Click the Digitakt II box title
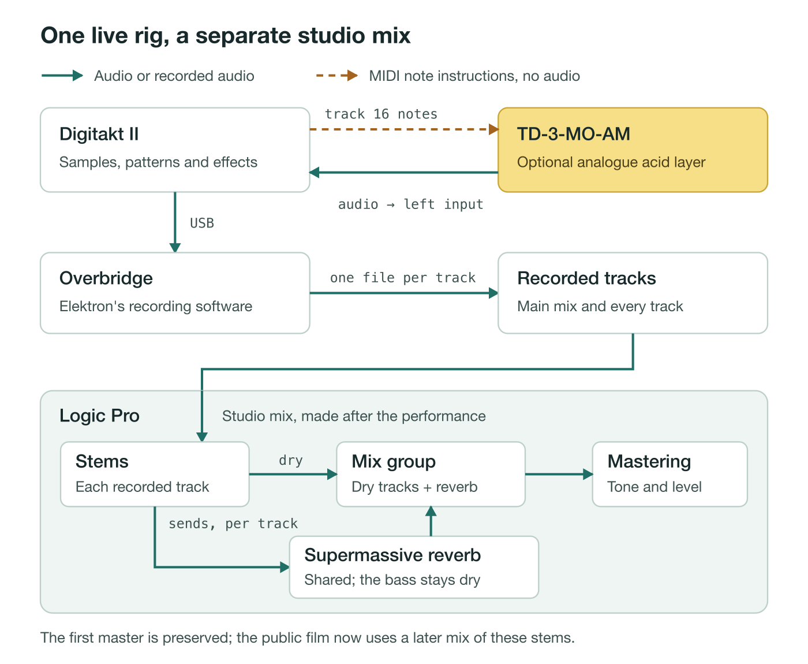(99, 134)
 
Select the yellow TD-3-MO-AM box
(632, 150)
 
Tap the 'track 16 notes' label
(381, 114)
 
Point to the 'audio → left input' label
(410, 204)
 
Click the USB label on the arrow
(202, 223)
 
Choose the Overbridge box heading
(106, 278)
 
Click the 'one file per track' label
(403, 278)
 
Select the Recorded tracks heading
(586, 278)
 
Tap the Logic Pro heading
(99, 416)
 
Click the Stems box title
(102, 461)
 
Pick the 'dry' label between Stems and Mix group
(291, 460)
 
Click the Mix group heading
(394, 462)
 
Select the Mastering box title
(649, 462)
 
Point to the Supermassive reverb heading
(392, 555)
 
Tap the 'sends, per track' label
(233, 524)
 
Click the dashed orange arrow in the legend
(336, 76)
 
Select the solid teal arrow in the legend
(62, 76)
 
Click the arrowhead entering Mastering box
(588, 474)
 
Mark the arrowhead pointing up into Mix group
(431, 511)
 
